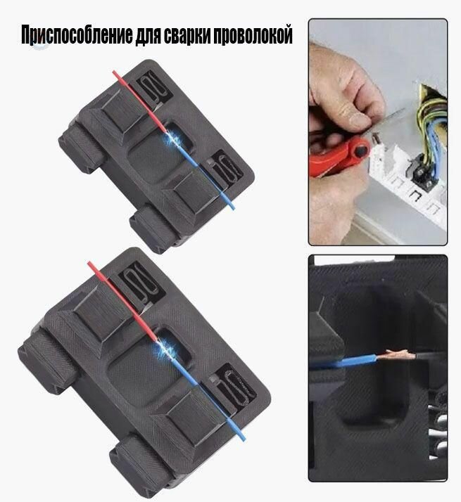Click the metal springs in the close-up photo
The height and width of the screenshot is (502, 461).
click(x=440, y=429)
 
